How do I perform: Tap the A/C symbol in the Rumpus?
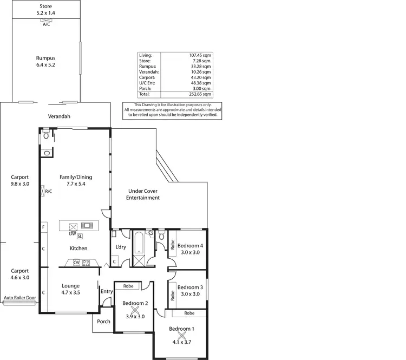click(46, 22)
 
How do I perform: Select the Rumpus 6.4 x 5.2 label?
click(46, 61)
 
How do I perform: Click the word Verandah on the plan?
click(58, 116)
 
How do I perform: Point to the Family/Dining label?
click(75, 180)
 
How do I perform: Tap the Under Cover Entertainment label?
click(143, 194)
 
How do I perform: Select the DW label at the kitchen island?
click(72, 234)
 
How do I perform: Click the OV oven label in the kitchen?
click(76, 263)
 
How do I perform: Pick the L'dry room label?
click(121, 247)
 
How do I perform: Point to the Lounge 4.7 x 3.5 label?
click(71, 289)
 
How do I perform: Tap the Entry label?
click(107, 292)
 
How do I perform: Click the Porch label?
click(103, 322)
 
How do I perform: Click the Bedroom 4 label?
click(190, 249)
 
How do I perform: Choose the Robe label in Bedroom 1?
click(189, 313)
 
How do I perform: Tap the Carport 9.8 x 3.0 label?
click(19, 180)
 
